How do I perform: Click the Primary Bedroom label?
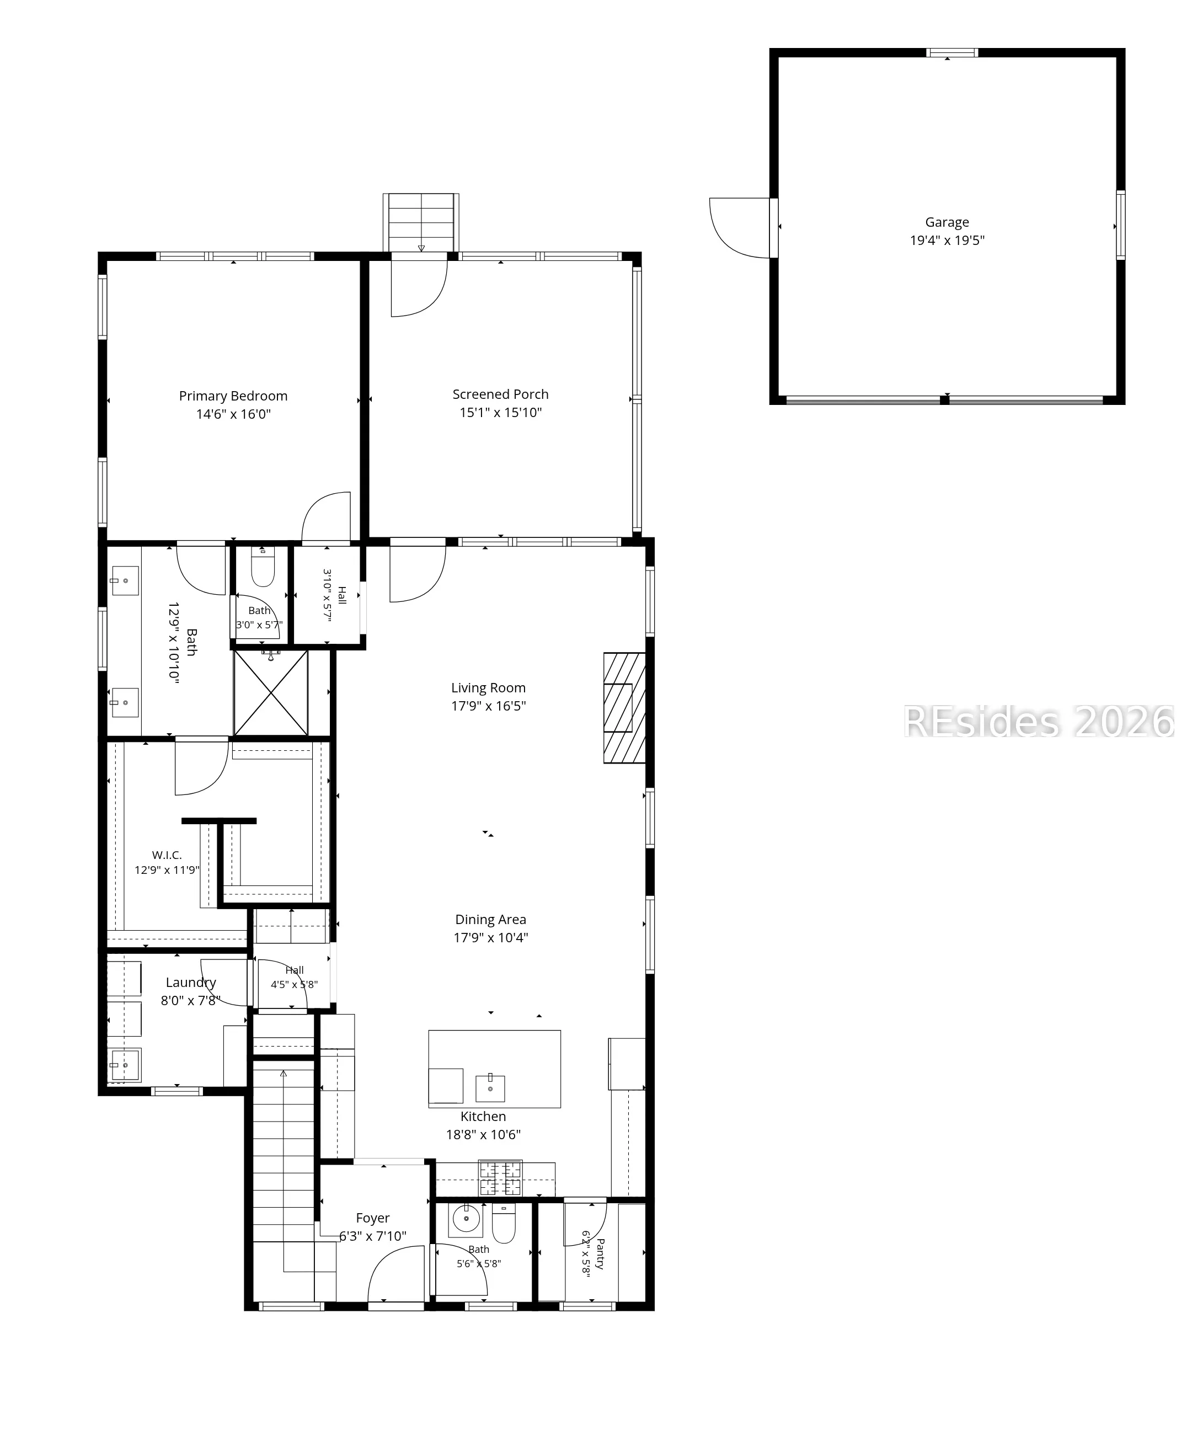click(x=233, y=396)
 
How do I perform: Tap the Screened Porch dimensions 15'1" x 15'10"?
click(x=501, y=413)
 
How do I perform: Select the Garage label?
click(x=947, y=222)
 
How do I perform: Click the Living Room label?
click(x=489, y=687)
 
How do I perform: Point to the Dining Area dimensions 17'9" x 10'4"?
click(x=490, y=937)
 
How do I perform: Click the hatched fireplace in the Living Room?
click(x=624, y=707)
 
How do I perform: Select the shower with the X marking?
click(x=270, y=692)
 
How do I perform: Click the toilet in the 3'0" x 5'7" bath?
click(x=263, y=566)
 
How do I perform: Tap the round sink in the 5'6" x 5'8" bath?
click(x=467, y=1219)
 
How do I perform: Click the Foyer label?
click(x=372, y=1218)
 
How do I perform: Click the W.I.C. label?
click(x=167, y=855)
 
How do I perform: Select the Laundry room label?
click(x=191, y=983)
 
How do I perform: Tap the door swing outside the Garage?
click(x=740, y=228)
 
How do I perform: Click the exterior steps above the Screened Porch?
click(x=421, y=222)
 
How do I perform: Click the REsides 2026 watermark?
click(x=1038, y=722)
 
